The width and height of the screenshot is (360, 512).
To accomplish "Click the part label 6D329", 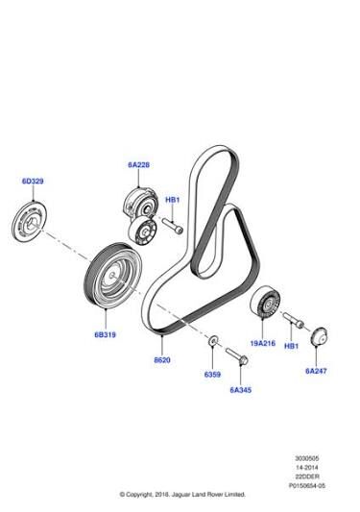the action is tap(33, 181).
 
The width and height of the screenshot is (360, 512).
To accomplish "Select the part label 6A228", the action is tap(138, 165).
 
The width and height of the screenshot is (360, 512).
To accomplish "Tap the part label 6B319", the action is tap(105, 334).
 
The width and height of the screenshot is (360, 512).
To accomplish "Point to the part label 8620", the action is tap(162, 360).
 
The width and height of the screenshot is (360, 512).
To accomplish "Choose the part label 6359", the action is tap(212, 375).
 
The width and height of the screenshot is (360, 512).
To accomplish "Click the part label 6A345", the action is tap(241, 390).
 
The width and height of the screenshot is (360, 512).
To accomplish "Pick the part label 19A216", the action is tap(263, 343).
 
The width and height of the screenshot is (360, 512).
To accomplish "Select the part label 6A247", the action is tap(316, 371).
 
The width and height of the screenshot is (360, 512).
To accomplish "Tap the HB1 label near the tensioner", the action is tap(173, 200).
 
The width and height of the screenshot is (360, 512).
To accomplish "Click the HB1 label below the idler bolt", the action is tap(291, 346).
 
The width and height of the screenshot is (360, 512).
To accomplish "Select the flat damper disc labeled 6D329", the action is tap(29, 221).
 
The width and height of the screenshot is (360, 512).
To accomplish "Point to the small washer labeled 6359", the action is tap(213, 341).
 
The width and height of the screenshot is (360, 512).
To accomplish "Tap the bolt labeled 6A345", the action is tap(237, 356).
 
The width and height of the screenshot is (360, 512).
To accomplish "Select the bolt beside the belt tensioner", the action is tap(173, 227).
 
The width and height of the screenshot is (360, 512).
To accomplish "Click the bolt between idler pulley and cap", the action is tap(293, 320).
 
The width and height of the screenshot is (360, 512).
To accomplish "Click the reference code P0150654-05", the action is tap(307, 485).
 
